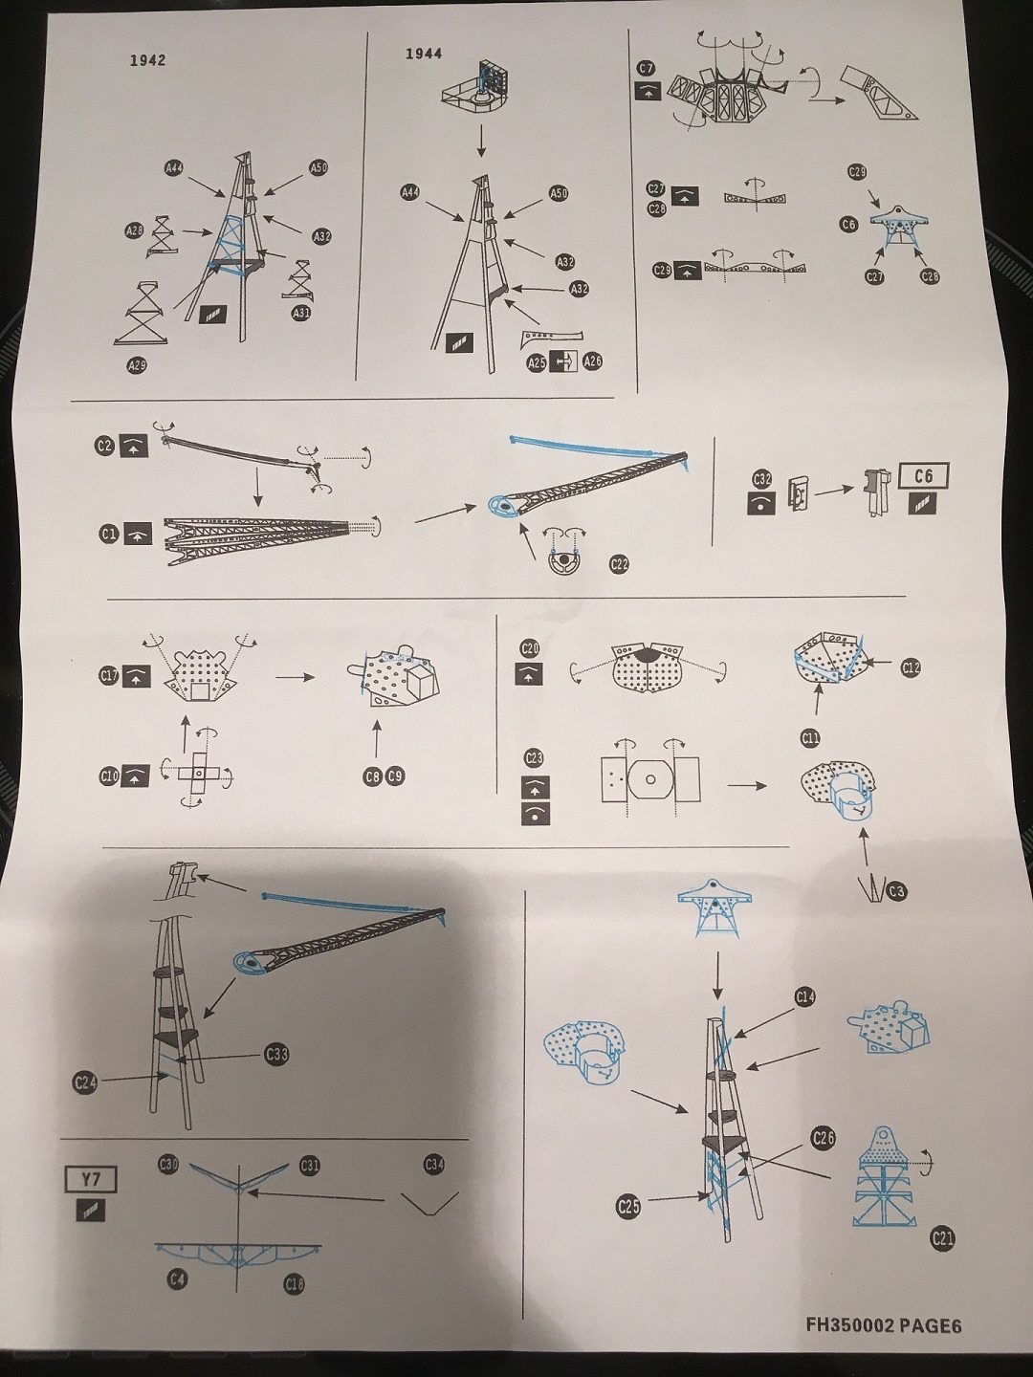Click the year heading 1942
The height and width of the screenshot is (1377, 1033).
click(x=148, y=60)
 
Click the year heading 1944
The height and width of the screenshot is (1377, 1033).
click(x=424, y=54)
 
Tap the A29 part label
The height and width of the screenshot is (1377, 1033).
click(x=137, y=365)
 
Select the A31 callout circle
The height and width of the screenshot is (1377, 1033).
click(x=301, y=313)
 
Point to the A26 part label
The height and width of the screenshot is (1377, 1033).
click(x=593, y=362)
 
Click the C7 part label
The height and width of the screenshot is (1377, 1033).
click(x=647, y=69)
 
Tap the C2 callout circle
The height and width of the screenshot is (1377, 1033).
click(x=104, y=446)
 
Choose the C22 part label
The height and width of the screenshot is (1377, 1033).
click(x=620, y=564)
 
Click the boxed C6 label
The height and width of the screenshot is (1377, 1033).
click(x=923, y=476)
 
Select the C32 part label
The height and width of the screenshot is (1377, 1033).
click(x=761, y=478)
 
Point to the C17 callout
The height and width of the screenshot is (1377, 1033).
click(x=109, y=677)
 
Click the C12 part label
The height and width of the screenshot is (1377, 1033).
click(x=911, y=667)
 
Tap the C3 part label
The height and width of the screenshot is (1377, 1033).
click(x=896, y=891)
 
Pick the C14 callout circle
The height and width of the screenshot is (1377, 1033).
click(x=805, y=997)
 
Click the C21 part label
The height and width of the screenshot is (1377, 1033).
click(x=942, y=1239)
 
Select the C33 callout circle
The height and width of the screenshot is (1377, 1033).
click(x=276, y=1055)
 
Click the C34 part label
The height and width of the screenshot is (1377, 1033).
click(x=434, y=1164)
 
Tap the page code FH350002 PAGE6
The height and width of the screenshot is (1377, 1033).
click(x=883, y=1324)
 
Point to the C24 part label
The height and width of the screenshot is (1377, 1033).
click(x=85, y=1082)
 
